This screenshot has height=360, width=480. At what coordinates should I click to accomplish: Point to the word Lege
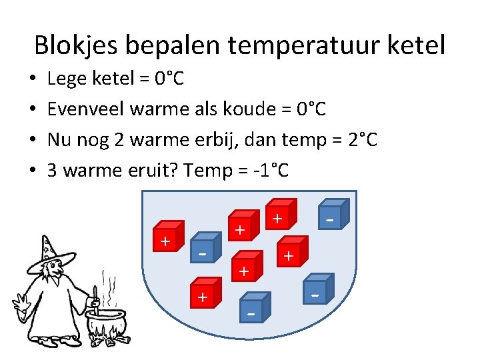click(67, 79)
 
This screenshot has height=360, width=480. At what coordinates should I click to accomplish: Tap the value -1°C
click(271, 171)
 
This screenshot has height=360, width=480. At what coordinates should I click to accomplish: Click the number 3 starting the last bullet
click(53, 171)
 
